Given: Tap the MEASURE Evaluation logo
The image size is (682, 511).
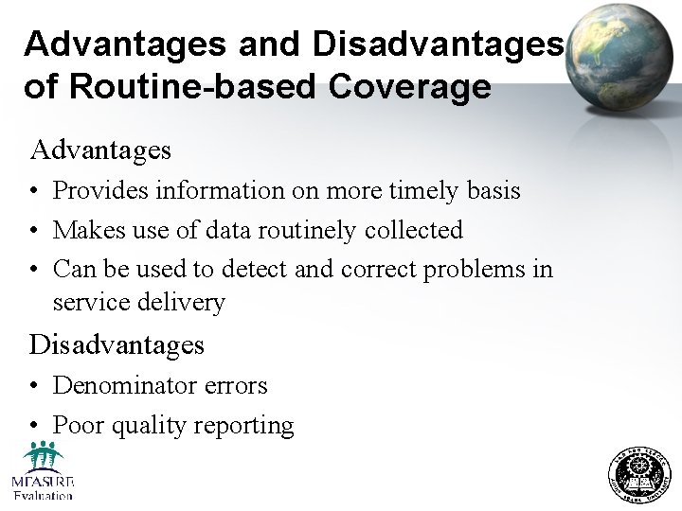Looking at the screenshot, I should point(43,470).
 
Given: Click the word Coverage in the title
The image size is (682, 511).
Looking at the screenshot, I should point(409,86).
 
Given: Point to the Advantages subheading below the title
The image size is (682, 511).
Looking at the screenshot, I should point(100,150).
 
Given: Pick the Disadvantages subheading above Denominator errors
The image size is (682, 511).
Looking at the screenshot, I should point(117,344).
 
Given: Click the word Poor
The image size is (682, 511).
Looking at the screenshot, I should point(79,425).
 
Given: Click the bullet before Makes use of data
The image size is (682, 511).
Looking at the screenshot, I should point(34,231).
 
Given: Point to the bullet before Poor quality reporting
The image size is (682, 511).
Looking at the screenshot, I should point(34,426).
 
